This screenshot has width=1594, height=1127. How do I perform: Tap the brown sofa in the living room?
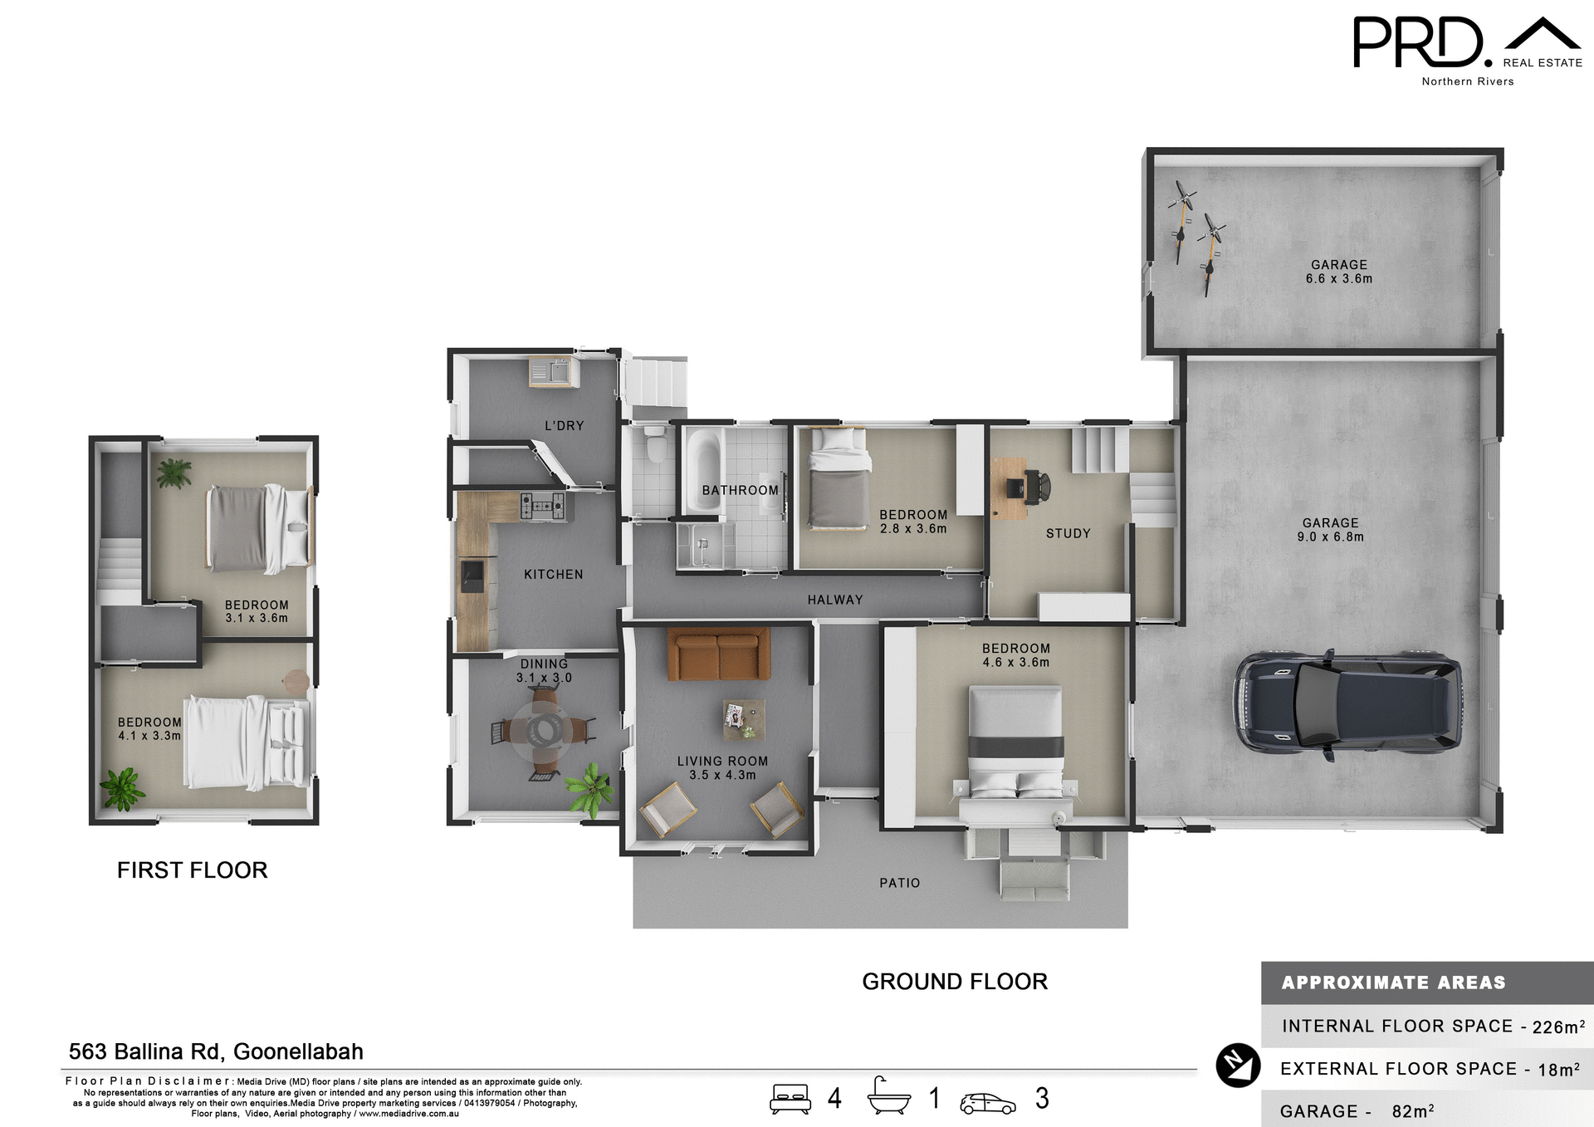[719, 654]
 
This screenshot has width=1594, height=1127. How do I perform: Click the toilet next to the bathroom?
[656, 444]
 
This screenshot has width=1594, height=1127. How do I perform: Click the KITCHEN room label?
[553, 575]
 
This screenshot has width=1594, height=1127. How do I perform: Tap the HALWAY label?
[835, 600]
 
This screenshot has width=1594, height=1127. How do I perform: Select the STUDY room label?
[1068, 534]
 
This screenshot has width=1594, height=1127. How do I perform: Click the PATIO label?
[900, 883]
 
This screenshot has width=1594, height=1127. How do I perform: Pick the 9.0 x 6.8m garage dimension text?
[1330, 537]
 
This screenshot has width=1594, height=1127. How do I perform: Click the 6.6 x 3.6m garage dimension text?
[1338, 279]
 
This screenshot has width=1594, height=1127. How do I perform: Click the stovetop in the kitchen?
[542, 505]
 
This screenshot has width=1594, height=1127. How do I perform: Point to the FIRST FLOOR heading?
[192, 870]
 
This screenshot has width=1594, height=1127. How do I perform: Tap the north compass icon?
[1238, 1066]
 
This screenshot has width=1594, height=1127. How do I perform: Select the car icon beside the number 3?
[987, 1103]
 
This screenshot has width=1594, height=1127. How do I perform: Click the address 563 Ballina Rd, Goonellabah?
[216, 1051]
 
